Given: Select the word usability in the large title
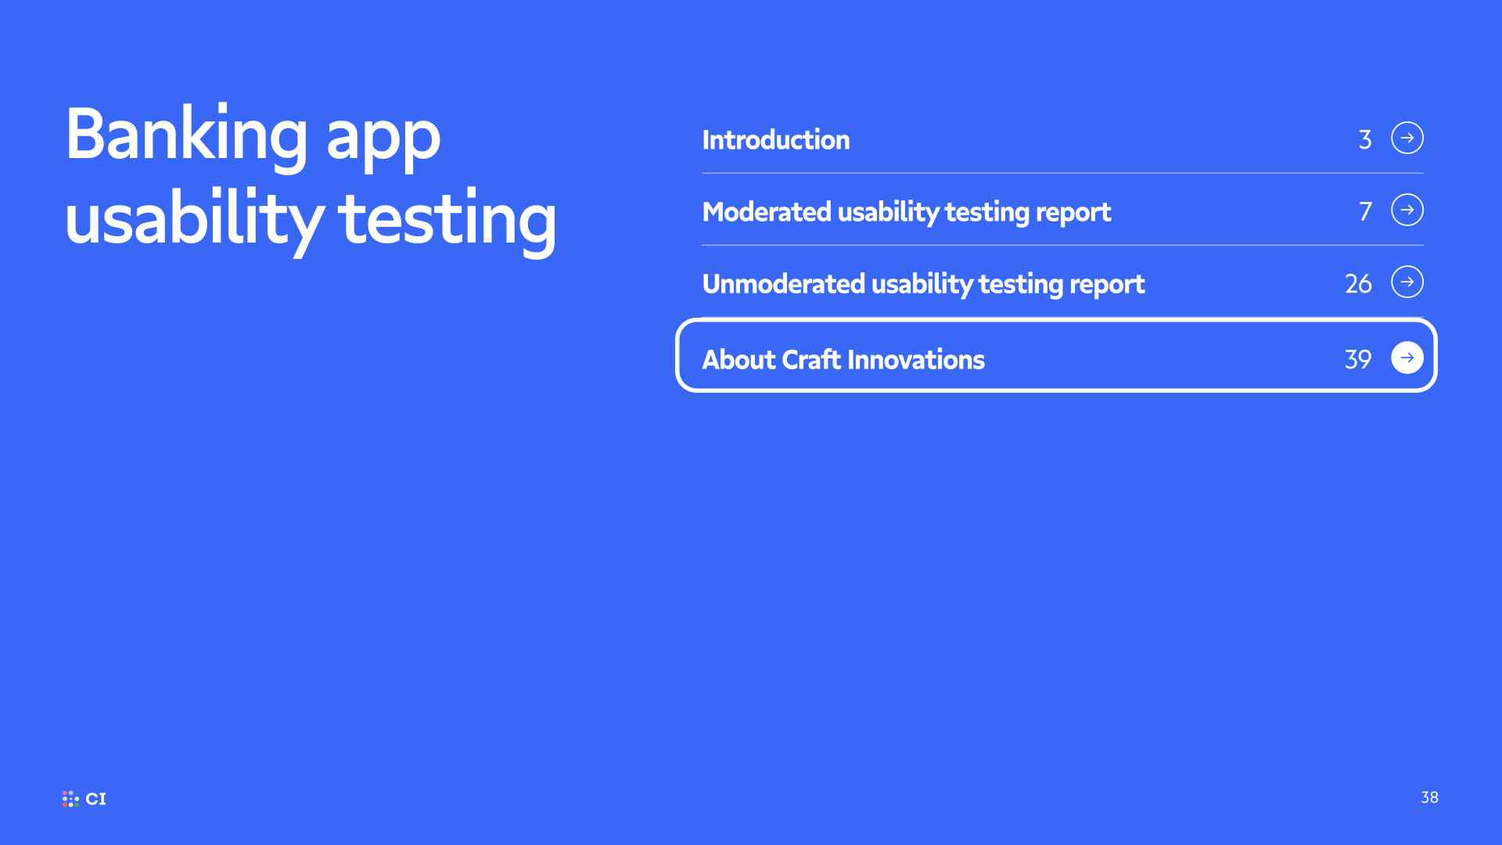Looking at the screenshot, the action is [194, 220].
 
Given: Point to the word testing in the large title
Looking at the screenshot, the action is [447, 222].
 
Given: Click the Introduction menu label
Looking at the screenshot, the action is [776, 139].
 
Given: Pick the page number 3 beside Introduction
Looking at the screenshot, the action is [1365, 139].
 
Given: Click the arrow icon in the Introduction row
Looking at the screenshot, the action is [1407, 138].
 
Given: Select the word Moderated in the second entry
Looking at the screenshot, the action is [767, 211].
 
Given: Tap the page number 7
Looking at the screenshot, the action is [1365, 211].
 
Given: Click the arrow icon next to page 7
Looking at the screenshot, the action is [1407, 210].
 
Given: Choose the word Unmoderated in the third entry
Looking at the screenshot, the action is [783, 283].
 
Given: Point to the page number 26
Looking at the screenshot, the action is [1358, 283].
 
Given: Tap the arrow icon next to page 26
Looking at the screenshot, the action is [1407, 282].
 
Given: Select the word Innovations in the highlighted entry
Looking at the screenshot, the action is [916, 359].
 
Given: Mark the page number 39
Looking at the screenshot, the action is [1358, 359].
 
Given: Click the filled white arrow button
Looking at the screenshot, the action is [1407, 358].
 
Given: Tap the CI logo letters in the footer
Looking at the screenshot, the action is [95, 799].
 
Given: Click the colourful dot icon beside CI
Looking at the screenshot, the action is [70, 799].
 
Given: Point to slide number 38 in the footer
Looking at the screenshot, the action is [1429, 797].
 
